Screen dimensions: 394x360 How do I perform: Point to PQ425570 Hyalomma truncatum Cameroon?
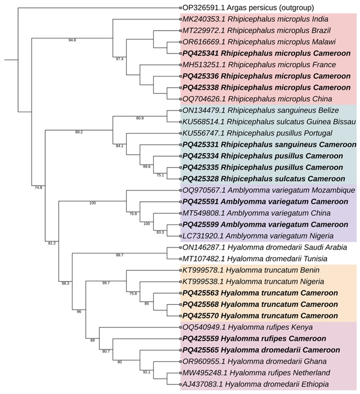[260, 316]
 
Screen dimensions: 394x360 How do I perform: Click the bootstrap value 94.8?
[72, 41]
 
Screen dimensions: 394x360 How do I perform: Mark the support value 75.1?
[160, 175]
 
